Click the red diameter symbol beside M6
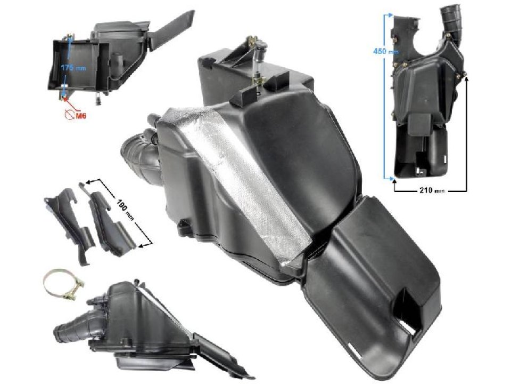pyautogui.click(x=69, y=114)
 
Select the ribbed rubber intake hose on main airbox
pyautogui.click(x=142, y=155)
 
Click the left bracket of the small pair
pyautogui.click(x=67, y=219)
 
